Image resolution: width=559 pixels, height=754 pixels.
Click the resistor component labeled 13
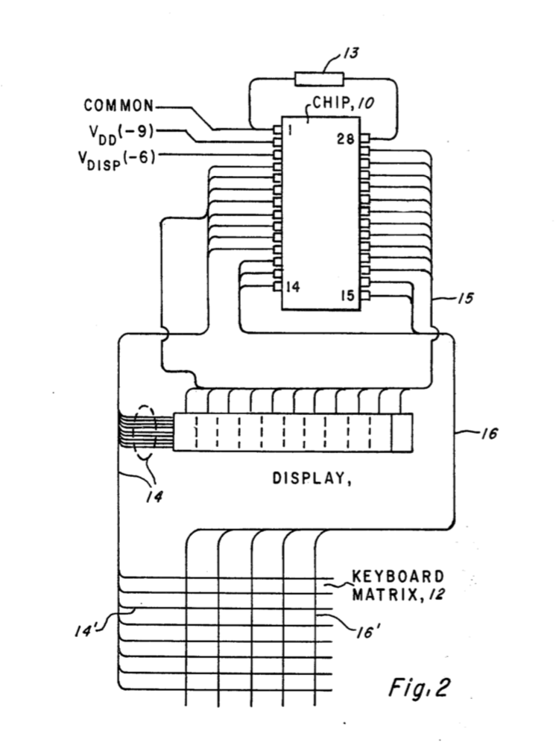tap(319, 78)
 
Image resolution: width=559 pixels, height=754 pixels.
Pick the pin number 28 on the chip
tap(344, 139)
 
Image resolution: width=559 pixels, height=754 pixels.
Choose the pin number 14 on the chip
tap(293, 286)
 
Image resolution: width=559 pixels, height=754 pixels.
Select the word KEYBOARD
tap(398, 577)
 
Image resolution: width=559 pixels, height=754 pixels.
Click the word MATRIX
tap(384, 595)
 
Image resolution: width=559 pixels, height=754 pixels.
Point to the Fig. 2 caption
tap(420, 688)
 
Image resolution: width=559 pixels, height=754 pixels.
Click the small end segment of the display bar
tap(401, 432)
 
